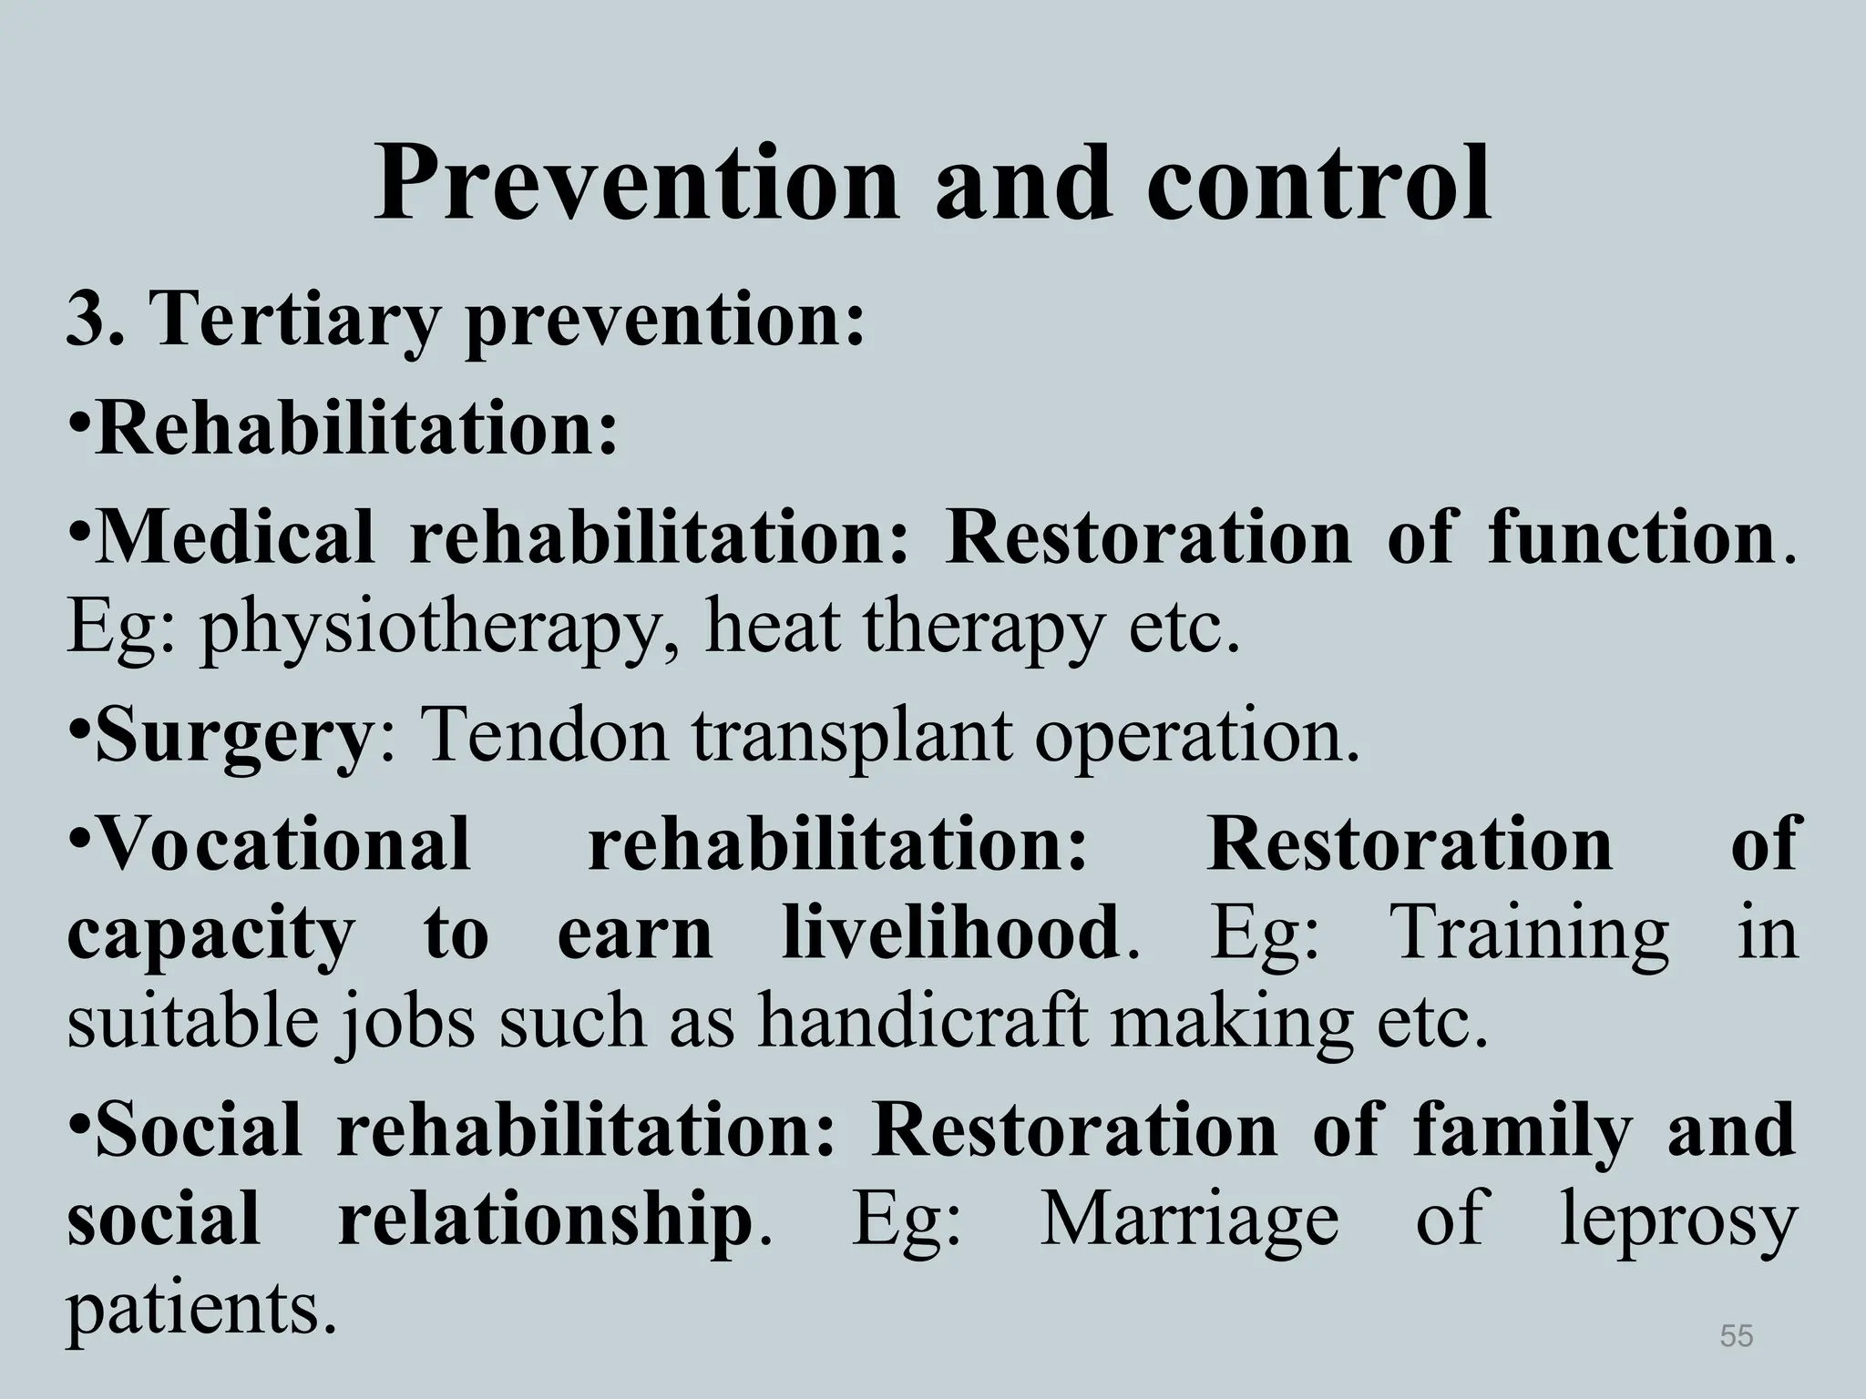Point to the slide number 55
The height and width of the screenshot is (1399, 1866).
point(1737,1335)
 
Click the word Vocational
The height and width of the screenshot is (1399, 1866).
point(283,842)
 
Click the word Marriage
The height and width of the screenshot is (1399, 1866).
point(1189,1221)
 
